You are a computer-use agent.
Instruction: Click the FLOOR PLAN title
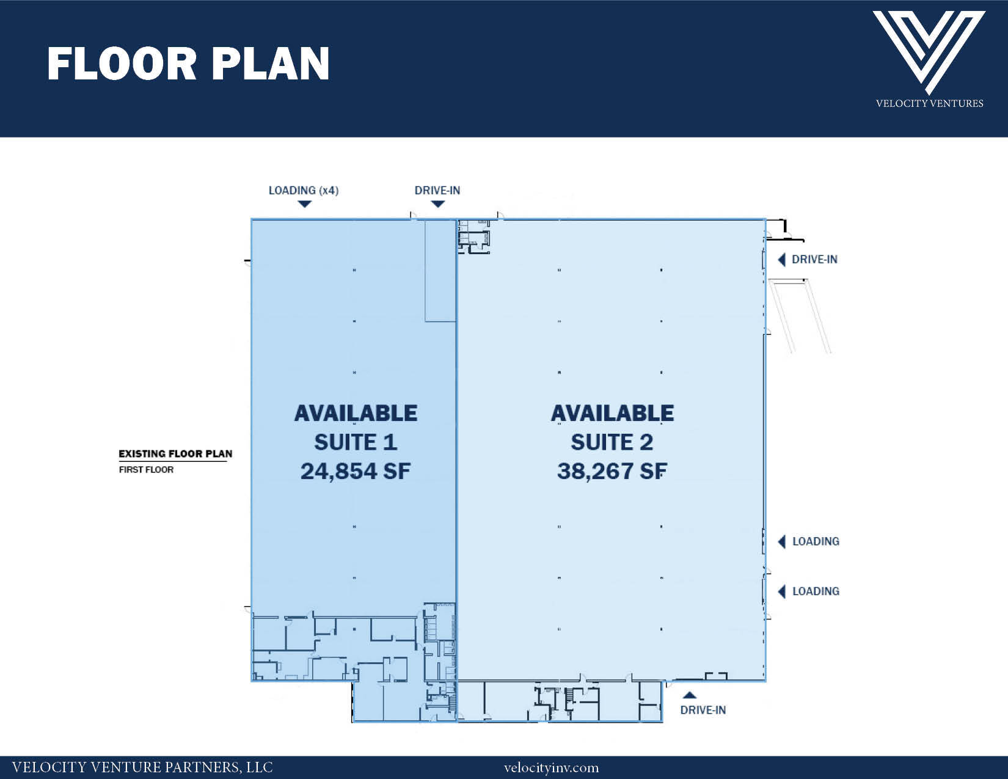coord(188,64)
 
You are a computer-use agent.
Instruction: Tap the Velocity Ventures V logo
coord(929,52)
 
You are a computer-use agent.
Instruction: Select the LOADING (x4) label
coord(304,190)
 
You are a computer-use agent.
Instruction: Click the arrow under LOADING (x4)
coord(304,204)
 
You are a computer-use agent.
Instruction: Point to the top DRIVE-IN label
coord(437,190)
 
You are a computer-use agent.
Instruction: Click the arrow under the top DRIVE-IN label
coord(438,204)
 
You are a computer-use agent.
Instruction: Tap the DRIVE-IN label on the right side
coord(814,259)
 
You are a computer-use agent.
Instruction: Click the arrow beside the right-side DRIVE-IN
coord(781,260)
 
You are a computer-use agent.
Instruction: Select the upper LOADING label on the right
coord(816,541)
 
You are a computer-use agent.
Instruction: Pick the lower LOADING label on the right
coord(816,591)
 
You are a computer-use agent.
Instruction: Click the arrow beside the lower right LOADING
coord(781,591)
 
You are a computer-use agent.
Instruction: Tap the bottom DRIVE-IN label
coord(703,710)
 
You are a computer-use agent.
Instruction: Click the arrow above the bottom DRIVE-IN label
coord(690,695)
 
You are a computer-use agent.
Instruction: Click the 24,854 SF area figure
coord(356,472)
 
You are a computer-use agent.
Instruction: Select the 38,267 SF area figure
coord(612,472)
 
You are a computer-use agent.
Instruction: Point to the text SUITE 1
coord(356,442)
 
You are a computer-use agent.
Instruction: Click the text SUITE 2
coord(612,442)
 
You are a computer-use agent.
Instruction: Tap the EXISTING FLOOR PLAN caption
coord(175,454)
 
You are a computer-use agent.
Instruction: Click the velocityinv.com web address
coord(552,768)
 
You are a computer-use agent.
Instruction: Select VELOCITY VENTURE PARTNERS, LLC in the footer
coord(142,767)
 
